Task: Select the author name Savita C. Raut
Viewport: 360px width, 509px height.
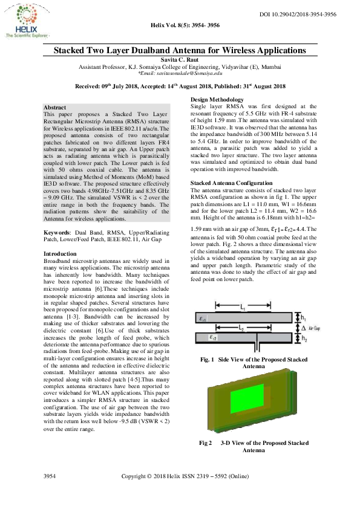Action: pyautogui.click(x=180, y=60)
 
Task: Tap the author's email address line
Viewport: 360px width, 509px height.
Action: pyautogui.click(x=180, y=73)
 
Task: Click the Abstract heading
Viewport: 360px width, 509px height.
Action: pyautogui.click(x=55, y=106)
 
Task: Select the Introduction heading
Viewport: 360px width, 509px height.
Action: pyautogui.click(x=61, y=271)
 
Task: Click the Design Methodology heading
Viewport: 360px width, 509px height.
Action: pyautogui.click(x=217, y=99)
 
